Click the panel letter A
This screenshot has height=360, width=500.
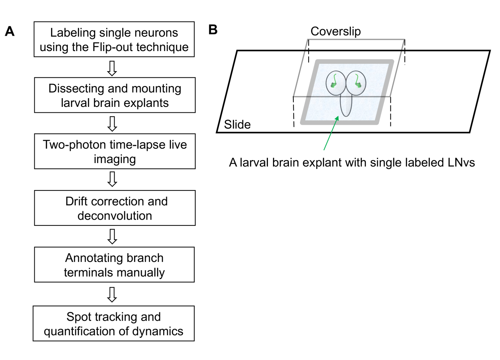point(10,31)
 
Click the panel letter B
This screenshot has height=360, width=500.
point(213,30)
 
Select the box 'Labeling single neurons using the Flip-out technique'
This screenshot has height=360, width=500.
point(114,39)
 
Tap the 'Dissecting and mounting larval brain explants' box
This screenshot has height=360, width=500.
point(115,95)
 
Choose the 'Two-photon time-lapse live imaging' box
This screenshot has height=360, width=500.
point(115,151)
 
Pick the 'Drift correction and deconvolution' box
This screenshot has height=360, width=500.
point(115,208)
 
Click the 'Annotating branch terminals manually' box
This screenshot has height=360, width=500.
point(114,265)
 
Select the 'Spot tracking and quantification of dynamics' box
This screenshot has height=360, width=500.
point(114,324)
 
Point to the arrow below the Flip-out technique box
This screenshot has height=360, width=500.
point(112,68)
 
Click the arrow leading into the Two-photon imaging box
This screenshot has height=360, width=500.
point(112,124)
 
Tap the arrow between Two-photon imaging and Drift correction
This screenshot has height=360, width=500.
point(112,179)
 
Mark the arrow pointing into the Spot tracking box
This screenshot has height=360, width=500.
point(112,294)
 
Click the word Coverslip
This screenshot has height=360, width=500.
point(336,31)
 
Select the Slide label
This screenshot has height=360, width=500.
point(237,125)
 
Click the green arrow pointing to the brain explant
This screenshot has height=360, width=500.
point(331,133)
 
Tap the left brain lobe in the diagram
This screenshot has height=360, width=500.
point(336,83)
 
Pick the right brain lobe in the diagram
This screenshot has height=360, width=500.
point(356,83)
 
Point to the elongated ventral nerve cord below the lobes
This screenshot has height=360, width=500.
point(346,105)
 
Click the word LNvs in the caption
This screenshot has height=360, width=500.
point(461,162)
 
